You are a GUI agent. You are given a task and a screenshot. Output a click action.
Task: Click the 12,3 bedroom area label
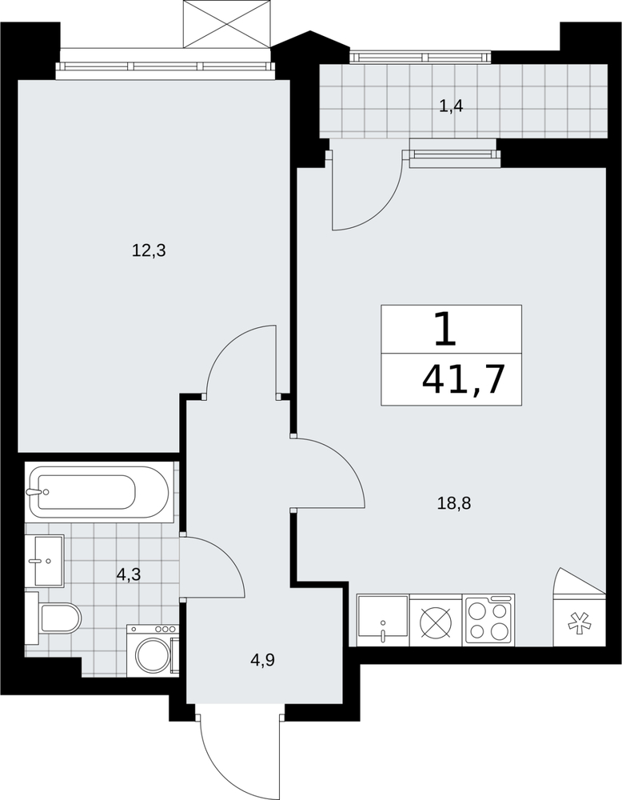pos(149,251)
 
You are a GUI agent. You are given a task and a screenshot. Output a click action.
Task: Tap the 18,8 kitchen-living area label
pos(454,503)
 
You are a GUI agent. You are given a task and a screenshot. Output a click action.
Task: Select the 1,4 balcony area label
pos(451,107)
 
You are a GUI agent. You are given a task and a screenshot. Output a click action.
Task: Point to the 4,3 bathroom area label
pos(129,575)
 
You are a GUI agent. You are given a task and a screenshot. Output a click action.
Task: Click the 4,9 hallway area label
pos(262,661)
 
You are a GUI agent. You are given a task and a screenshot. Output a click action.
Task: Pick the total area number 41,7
pos(463,380)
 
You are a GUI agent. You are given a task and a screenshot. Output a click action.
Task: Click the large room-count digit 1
pos(445,330)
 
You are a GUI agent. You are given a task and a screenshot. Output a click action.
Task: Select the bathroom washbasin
pos(45,561)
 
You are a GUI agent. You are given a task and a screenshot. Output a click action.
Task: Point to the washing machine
pos(153,651)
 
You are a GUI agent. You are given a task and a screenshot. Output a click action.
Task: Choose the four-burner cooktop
pos(489,620)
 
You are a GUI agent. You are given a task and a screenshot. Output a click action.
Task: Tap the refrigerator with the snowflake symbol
pos(580,620)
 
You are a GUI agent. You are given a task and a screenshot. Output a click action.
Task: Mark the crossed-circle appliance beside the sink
pos(436,620)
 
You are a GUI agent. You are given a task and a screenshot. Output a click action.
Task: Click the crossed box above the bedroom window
pos(226,23)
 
